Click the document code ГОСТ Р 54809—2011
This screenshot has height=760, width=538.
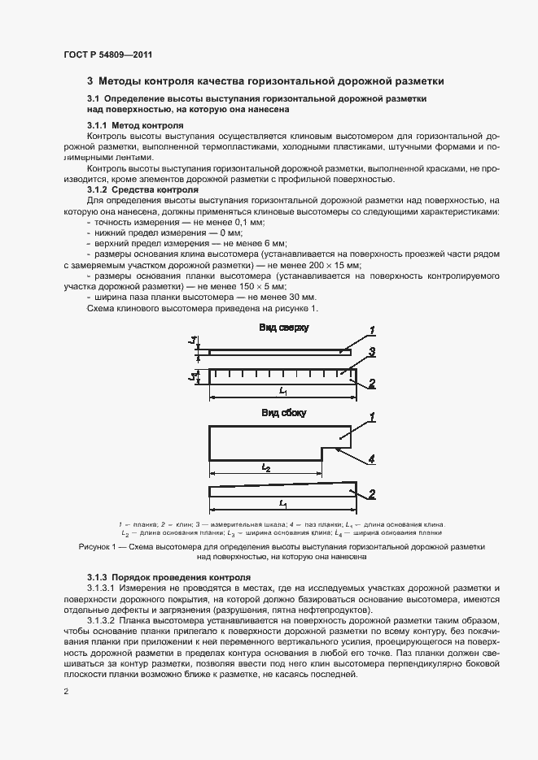(107, 54)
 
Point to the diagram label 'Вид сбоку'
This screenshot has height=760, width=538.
(283, 413)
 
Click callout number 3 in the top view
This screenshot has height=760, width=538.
(370, 352)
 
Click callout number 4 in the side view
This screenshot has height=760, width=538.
(370, 459)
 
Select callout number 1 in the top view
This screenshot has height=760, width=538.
(370, 329)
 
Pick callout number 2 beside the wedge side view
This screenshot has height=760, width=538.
(370, 493)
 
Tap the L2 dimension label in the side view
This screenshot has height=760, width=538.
(266, 468)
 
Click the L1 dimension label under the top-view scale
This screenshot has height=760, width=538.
(283, 392)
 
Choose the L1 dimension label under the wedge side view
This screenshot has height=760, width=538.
(283, 505)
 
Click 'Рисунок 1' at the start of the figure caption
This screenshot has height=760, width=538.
(98, 547)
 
